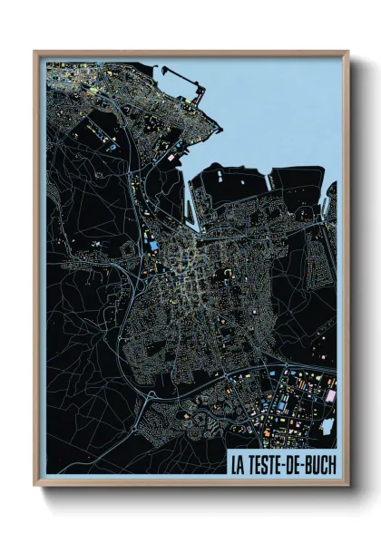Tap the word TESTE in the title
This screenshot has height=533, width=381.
267,463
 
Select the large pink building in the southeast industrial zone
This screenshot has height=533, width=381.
328,396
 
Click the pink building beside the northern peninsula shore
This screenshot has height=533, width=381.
172,157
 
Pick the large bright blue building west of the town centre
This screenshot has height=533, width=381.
153,245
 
